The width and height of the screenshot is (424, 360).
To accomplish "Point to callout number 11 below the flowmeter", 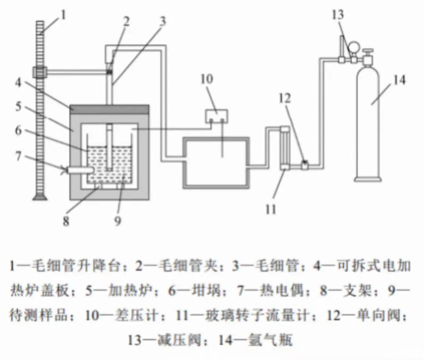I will point(270,208).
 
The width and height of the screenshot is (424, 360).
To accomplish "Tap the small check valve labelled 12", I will point(304,164).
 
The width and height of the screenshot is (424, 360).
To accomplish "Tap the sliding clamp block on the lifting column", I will point(40,72).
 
